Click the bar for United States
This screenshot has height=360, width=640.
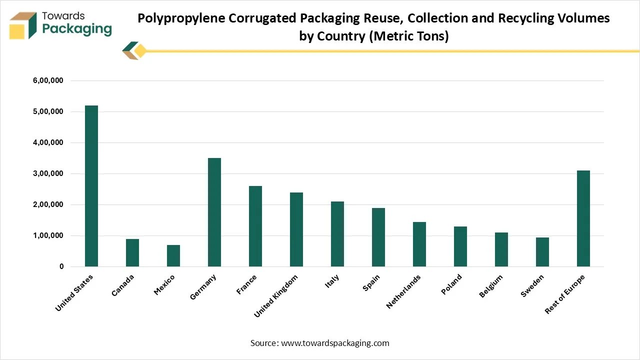(91, 186)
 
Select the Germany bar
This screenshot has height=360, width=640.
(214, 212)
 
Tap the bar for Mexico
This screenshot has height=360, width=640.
(173, 255)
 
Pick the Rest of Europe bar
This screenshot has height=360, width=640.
(583, 218)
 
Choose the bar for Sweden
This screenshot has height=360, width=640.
(542, 252)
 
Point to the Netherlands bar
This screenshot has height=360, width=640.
(419, 244)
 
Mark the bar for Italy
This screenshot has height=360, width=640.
(337, 234)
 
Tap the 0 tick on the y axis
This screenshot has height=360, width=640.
(61, 266)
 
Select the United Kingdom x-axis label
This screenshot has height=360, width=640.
(276, 295)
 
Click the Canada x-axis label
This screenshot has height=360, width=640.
(123, 285)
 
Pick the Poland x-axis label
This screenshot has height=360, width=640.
(451, 284)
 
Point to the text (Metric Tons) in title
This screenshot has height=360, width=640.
(408, 36)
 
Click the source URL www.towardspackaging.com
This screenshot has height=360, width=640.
(335, 343)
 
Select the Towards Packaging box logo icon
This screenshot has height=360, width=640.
(23, 25)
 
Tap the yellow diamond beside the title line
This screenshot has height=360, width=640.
(140, 50)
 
